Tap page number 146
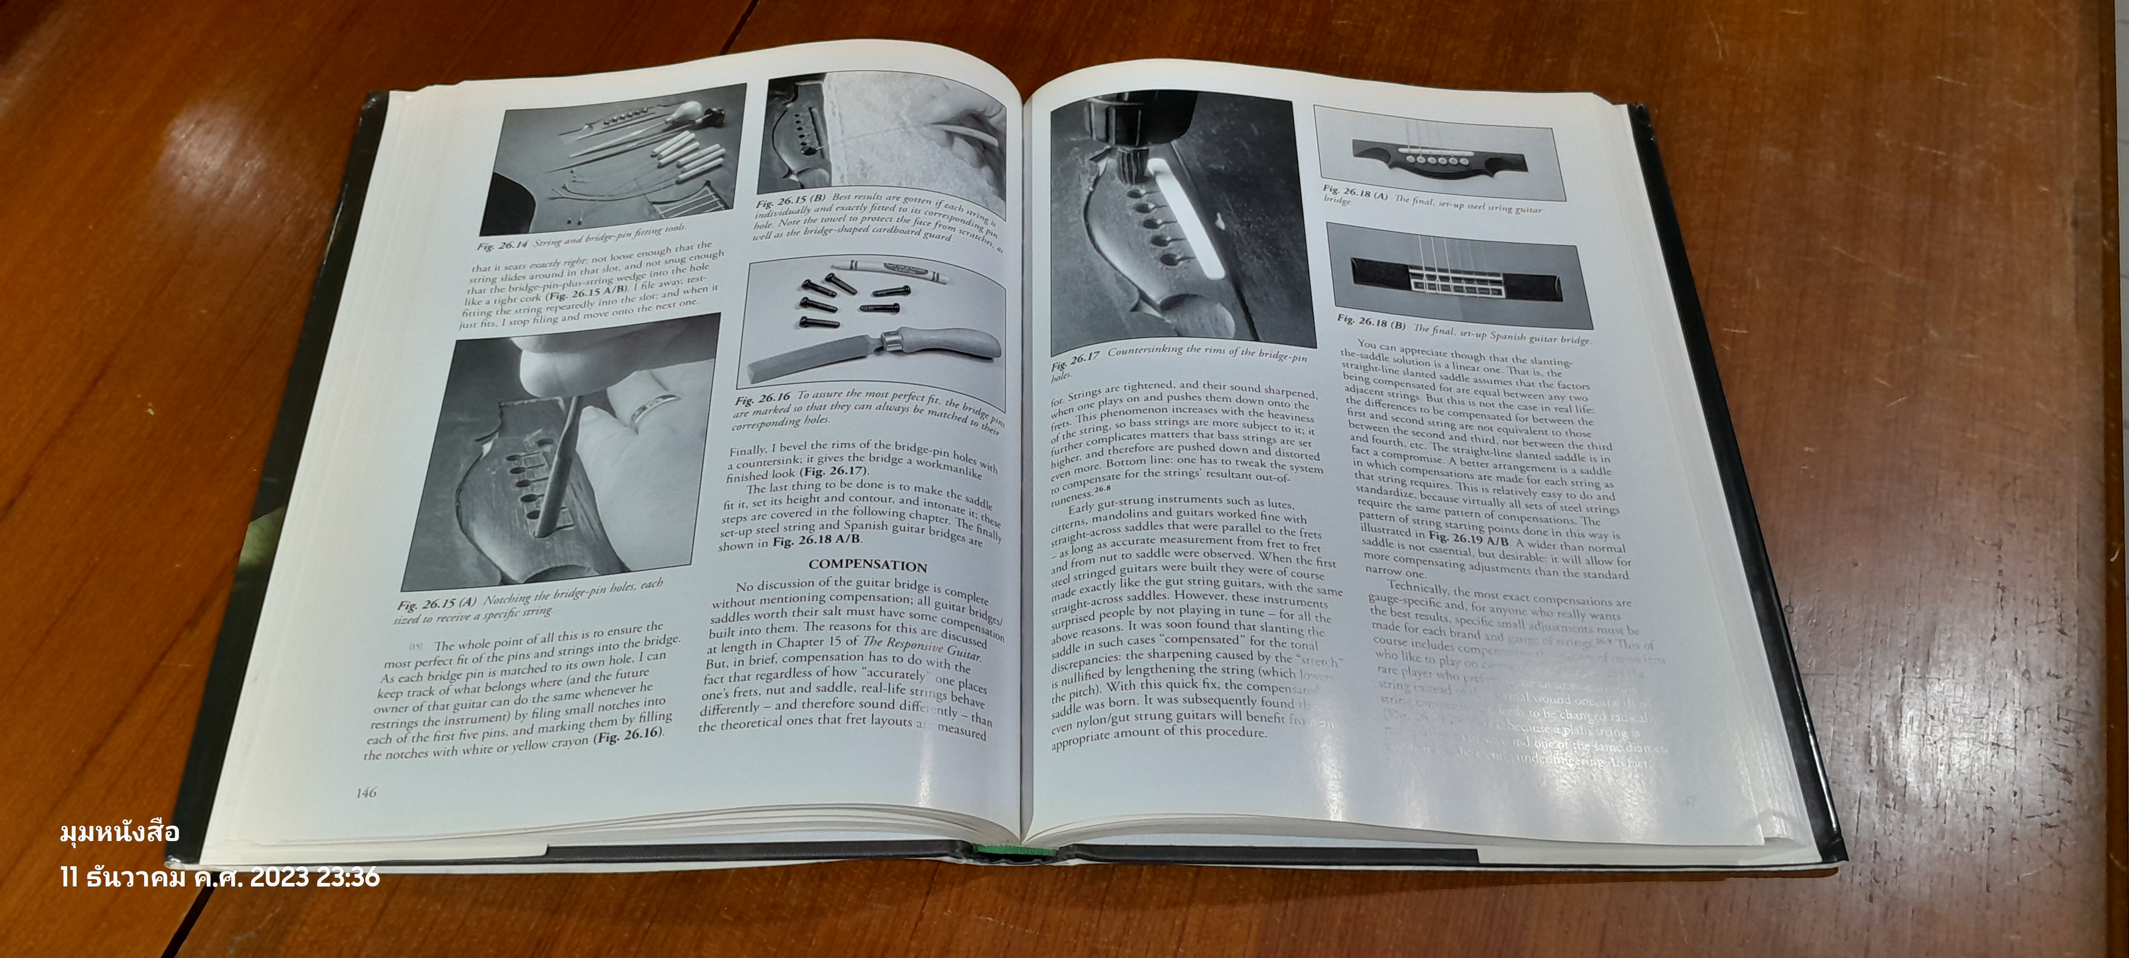[366, 793]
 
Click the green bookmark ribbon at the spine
[996, 849]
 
